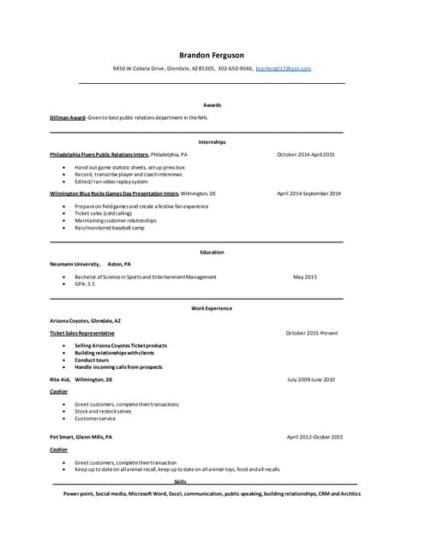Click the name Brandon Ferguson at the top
point(212,55)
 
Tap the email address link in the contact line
point(284,68)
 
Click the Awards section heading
point(212,105)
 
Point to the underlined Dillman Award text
point(67,117)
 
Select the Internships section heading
point(212,141)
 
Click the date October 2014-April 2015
point(306,154)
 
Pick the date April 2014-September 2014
point(308,194)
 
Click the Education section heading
point(212,253)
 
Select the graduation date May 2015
point(305,277)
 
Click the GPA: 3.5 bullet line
point(85,283)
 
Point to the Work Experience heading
point(212,308)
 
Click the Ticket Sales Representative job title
point(82,332)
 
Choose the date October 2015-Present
point(312,332)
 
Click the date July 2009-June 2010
point(311,378)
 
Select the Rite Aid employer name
point(60,378)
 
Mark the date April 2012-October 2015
point(314,437)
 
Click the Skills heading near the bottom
point(180,482)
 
